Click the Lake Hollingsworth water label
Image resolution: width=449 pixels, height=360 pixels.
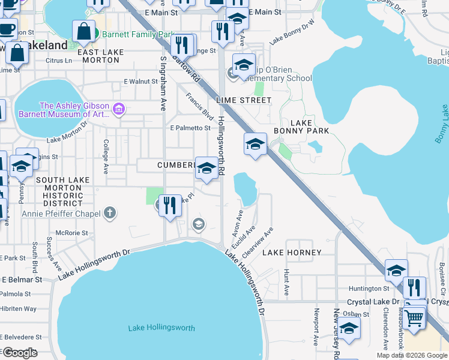(x=161, y=328)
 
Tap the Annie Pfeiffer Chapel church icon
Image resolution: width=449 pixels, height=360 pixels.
(x=109, y=212)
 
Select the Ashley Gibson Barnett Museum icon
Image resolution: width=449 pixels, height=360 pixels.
(x=119, y=109)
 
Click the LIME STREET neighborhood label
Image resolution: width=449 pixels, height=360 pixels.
(x=246, y=100)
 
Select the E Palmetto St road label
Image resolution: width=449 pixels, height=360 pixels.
(x=190, y=128)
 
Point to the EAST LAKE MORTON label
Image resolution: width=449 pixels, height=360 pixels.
(x=101, y=56)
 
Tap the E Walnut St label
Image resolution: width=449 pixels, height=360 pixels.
(x=140, y=81)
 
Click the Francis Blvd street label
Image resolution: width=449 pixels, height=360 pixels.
(x=200, y=106)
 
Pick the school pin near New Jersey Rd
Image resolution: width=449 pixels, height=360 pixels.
(x=349, y=328)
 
